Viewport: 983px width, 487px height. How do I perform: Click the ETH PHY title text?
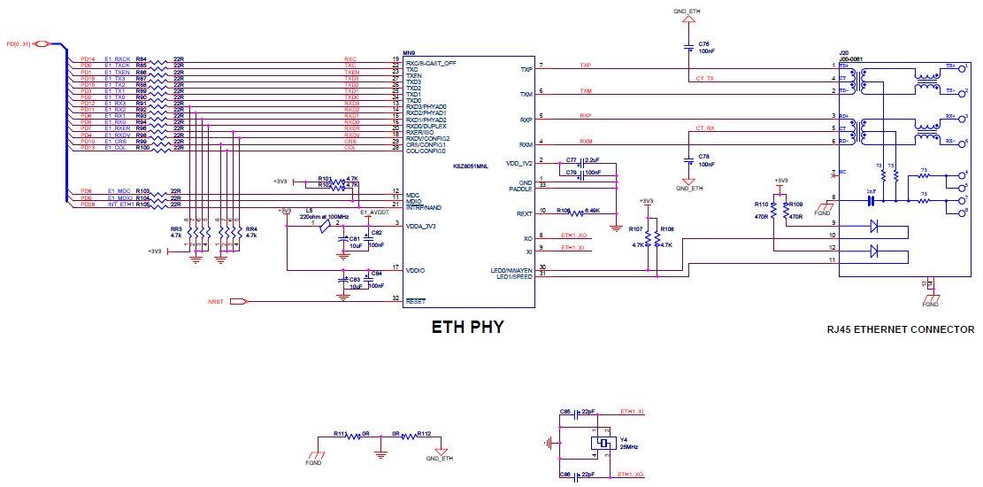(x=466, y=327)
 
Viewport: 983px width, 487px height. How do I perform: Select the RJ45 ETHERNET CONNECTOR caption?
(x=900, y=329)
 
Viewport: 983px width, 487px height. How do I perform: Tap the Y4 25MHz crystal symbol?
(x=604, y=444)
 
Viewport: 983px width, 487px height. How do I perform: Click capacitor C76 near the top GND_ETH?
(x=689, y=48)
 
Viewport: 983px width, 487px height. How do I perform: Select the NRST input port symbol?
(x=238, y=302)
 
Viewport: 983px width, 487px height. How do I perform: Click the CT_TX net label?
(x=704, y=78)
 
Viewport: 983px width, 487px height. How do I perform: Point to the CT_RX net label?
(x=704, y=128)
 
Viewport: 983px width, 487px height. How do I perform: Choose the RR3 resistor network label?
(x=176, y=232)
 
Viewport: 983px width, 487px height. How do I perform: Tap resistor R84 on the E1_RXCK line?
(x=157, y=58)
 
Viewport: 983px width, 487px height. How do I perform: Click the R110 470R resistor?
(x=773, y=211)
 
